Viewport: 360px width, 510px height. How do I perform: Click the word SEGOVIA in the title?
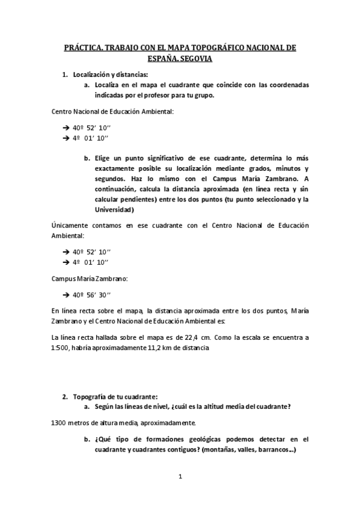[197, 60]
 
